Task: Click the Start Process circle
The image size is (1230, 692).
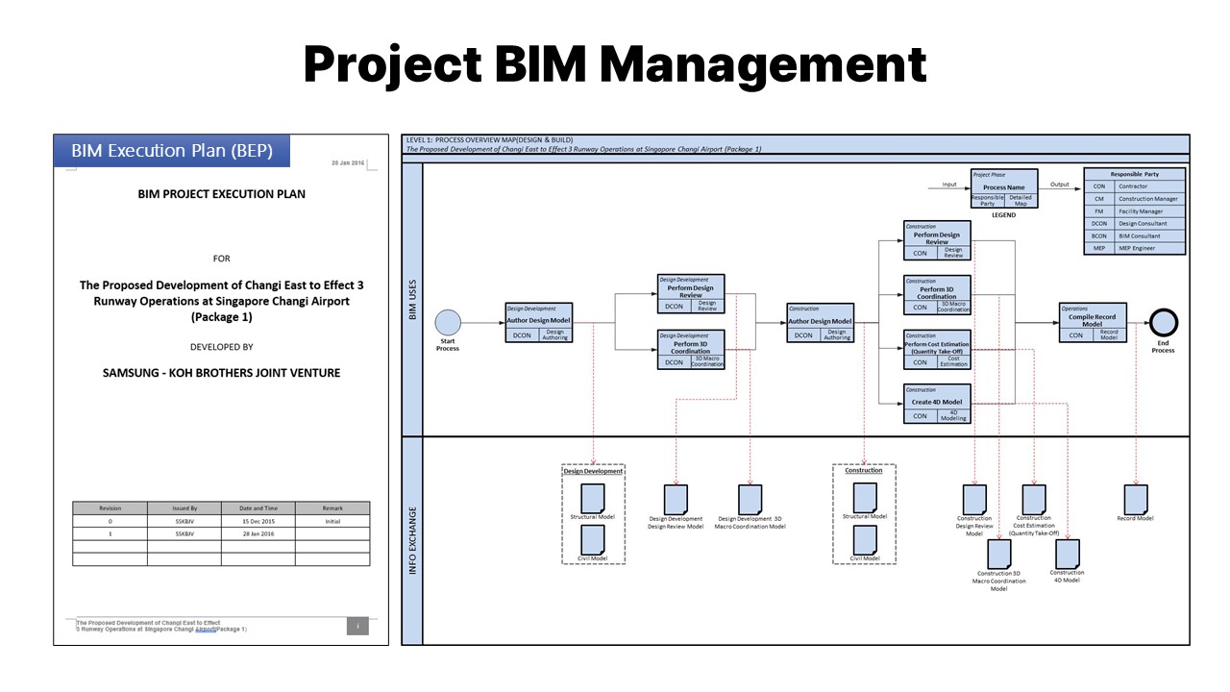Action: [448, 323]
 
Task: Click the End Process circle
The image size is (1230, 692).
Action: [1164, 322]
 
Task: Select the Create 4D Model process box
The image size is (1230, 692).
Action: [937, 403]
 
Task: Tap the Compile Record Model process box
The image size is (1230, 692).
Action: [1092, 322]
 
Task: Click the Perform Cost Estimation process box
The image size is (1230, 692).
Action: [937, 350]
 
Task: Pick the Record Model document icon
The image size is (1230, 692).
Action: [1136, 498]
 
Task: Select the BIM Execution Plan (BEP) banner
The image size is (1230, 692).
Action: [171, 151]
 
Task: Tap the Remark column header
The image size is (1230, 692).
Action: [332, 507]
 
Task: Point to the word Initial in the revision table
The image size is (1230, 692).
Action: [332, 521]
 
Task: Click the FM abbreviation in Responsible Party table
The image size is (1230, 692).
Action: [1099, 211]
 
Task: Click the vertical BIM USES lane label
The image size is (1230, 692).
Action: [413, 299]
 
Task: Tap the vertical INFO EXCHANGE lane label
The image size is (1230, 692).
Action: [413, 541]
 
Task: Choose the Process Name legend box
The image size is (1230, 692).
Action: [1003, 187]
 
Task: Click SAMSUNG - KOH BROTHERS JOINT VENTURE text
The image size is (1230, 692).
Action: [221, 373]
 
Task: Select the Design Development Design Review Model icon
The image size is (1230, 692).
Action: [676, 499]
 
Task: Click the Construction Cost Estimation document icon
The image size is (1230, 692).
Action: [1034, 499]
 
